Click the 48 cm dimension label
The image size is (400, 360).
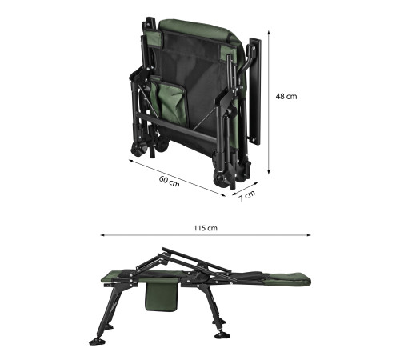point(286,96)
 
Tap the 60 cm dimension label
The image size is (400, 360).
point(170,182)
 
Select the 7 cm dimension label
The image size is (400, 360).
point(247,196)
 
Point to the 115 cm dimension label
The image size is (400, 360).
point(206,228)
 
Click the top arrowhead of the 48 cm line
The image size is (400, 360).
point(269,33)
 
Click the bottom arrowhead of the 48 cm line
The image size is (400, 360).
point(269,172)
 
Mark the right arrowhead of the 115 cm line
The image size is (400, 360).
point(309,235)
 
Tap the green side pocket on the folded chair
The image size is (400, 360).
point(169,102)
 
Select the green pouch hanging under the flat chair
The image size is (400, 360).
point(161,297)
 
